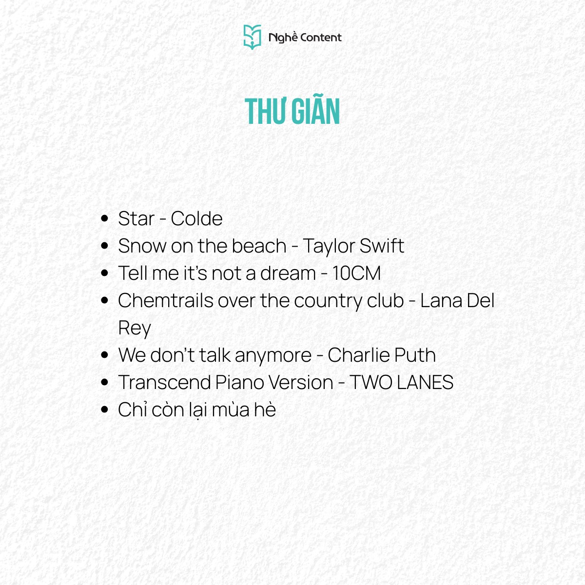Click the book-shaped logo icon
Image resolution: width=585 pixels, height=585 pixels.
pyautogui.click(x=252, y=37)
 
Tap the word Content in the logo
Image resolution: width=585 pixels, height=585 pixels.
pyautogui.click(x=321, y=38)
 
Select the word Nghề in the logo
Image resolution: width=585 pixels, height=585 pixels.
pyautogui.click(x=283, y=37)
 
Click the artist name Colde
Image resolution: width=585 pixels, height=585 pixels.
pyautogui.click(x=197, y=218)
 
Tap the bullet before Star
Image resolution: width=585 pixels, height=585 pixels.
pyautogui.click(x=104, y=218)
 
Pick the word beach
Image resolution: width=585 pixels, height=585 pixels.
pyautogui.click(x=259, y=245)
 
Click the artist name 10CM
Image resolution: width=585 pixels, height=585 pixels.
pyautogui.click(x=356, y=273)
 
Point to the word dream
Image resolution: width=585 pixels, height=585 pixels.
pyautogui.click(x=288, y=273)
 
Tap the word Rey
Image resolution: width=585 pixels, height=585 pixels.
pyautogui.click(x=135, y=329)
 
